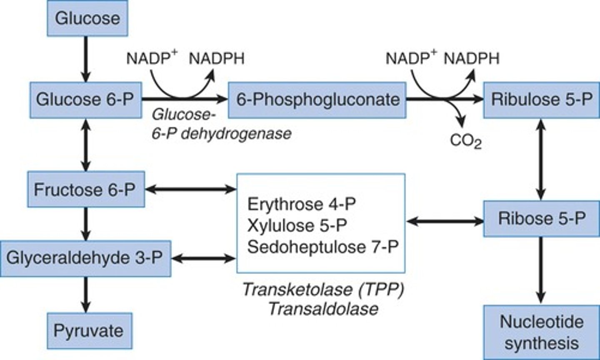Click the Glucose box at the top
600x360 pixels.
tap(87, 18)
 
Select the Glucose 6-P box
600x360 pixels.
tap(85, 100)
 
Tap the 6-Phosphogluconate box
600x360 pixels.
tap(317, 100)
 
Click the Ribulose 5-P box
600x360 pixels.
tap(541, 100)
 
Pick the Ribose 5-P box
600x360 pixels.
tap(541, 219)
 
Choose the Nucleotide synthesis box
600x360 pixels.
tap(541, 332)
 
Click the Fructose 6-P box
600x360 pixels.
tap(86, 190)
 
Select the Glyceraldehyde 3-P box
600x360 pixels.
tap(85, 258)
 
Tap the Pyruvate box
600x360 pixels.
tap(89, 331)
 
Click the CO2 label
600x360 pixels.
tap(465, 141)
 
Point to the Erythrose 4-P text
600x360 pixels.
tap(302, 205)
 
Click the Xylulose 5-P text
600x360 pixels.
tap(297, 225)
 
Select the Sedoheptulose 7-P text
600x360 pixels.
tap(322, 247)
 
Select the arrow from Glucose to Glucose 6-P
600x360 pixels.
tap(86, 58)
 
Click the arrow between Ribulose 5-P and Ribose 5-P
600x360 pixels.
tap(541, 159)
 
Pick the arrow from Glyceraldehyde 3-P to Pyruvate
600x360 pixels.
tap(86, 294)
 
